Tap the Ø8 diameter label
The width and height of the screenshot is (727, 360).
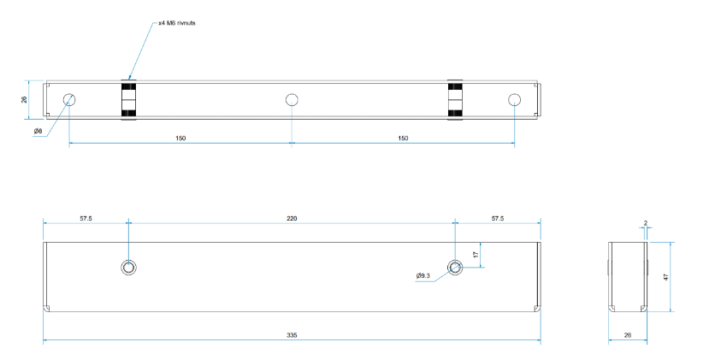pyautogui.click(x=38, y=131)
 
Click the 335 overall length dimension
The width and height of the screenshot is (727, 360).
pyautogui.click(x=292, y=336)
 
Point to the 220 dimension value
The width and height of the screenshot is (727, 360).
pyautogui.click(x=292, y=219)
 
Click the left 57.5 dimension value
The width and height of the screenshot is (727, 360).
pyautogui.click(x=86, y=219)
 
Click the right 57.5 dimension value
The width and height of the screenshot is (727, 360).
pyautogui.click(x=497, y=219)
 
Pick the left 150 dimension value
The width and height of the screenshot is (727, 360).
pyautogui.click(x=180, y=138)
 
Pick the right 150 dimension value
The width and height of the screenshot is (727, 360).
pyautogui.click(x=403, y=138)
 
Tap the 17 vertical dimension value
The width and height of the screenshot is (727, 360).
pyautogui.click(x=476, y=254)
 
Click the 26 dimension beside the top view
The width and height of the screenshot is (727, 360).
pyautogui.click(x=24, y=100)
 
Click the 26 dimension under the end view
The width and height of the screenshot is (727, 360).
pyautogui.click(x=628, y=336)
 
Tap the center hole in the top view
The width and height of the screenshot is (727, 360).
pyautogui.click(x=292, y=99)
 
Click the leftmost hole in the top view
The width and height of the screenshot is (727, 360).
pyautogui.click(x=69, y=99)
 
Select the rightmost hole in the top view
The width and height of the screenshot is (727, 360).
pyautogui.click(x=514, y=99)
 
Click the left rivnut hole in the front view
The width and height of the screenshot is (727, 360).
pyautogui.click(x=128, y=267)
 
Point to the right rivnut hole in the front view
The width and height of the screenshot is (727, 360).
pyautogui.click(x=455, y=267)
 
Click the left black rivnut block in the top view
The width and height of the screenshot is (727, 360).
pyautogui.click(x=128, y=100)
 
